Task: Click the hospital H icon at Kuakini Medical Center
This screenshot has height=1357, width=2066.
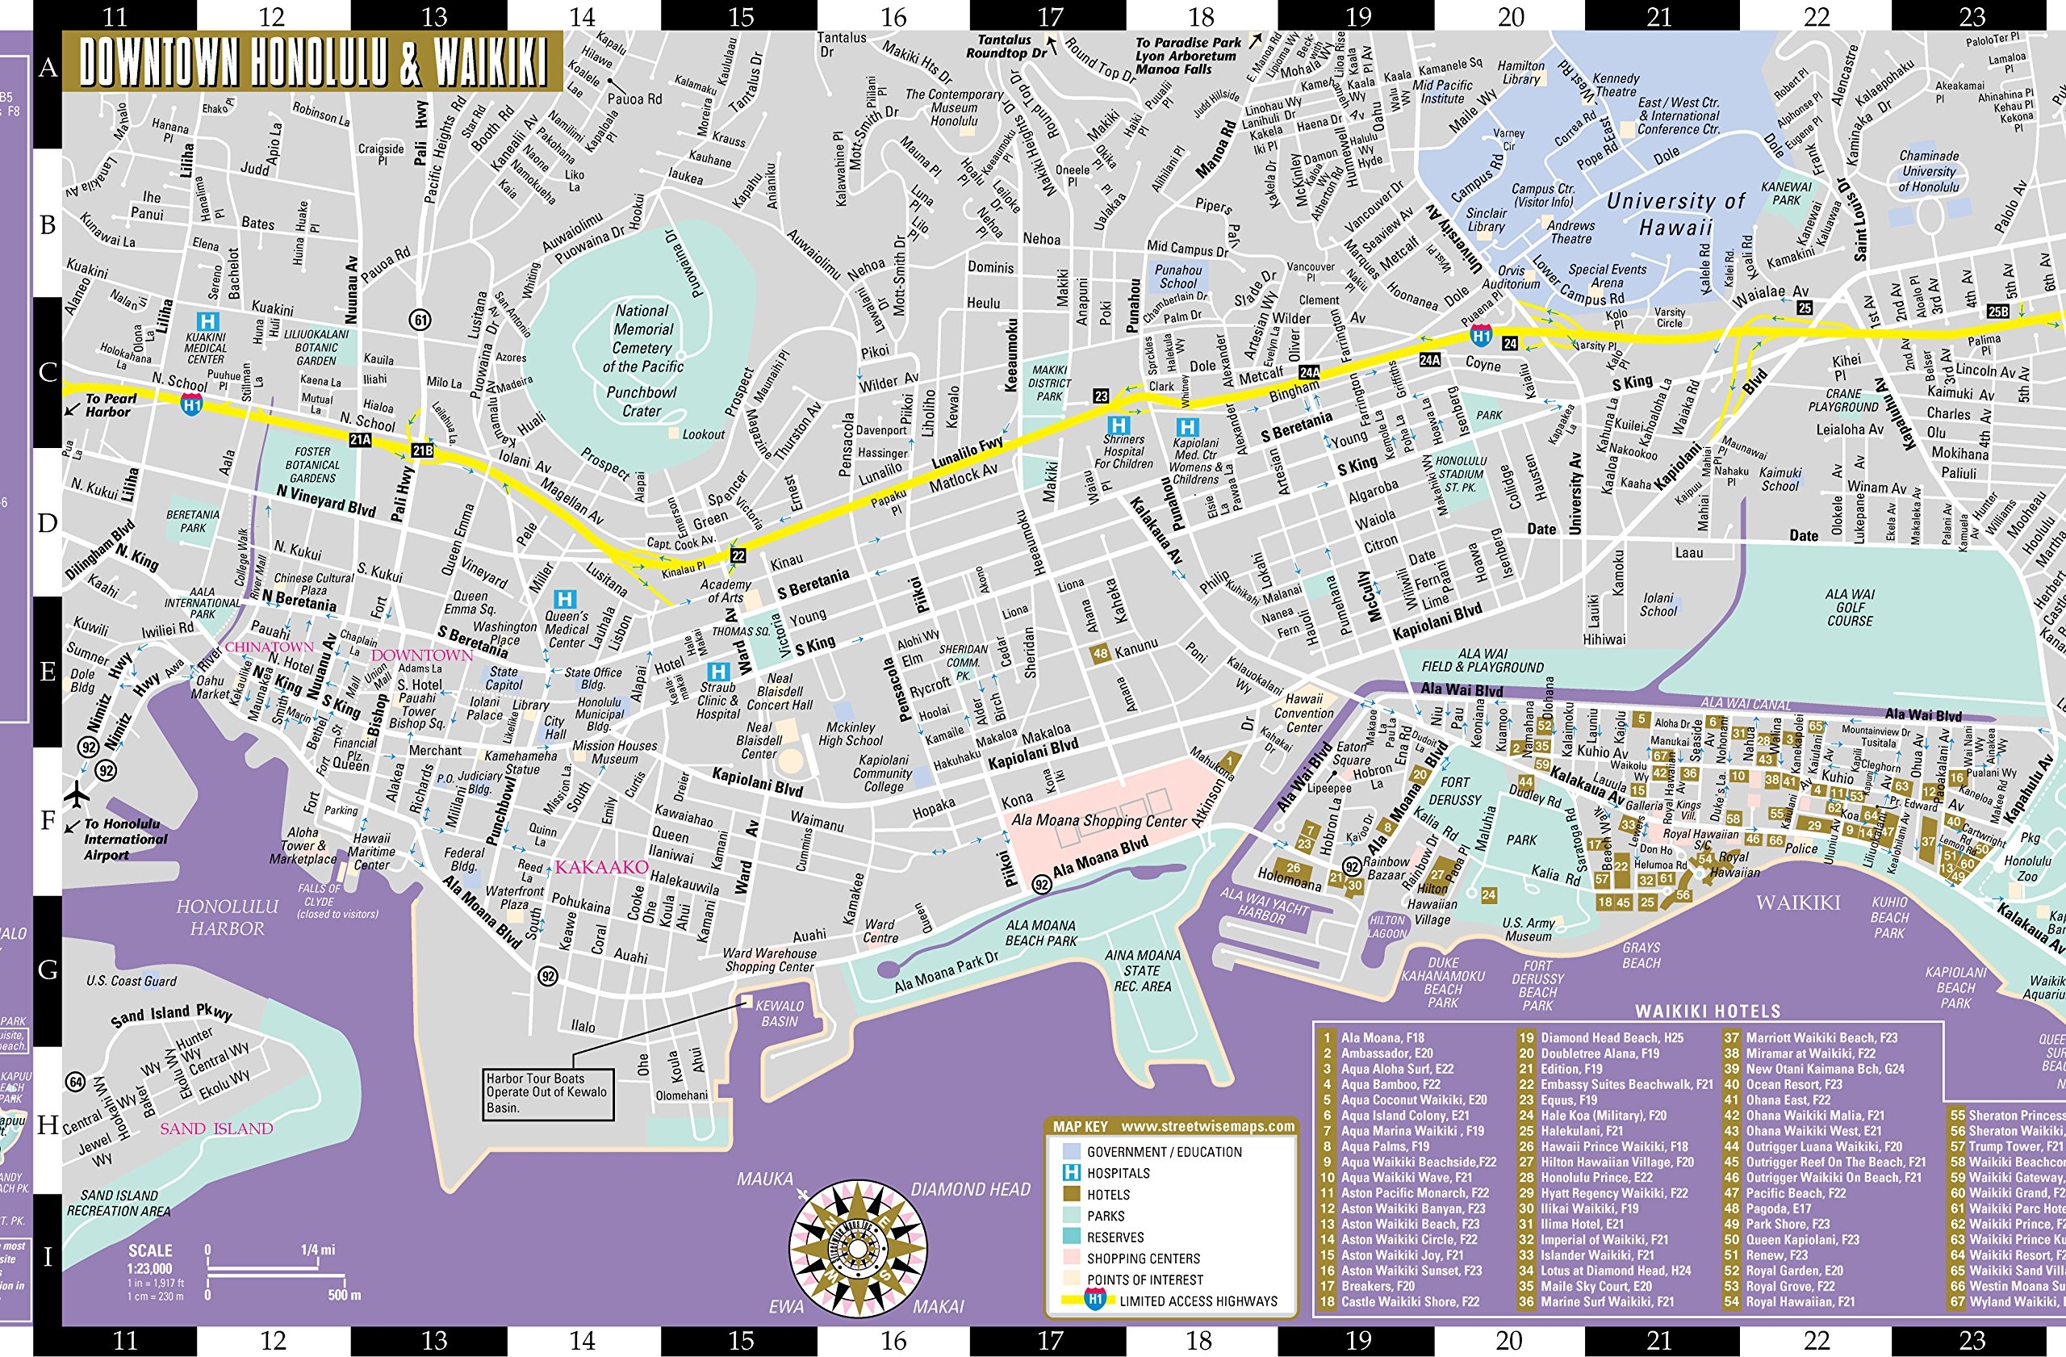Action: pyautogui.click(x=207, y=321)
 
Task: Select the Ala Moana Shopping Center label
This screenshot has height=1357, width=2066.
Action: pyautogui.click(x=1099, y=820)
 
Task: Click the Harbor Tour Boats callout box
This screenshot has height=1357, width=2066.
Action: pyautogui.click(x=547, y=1092)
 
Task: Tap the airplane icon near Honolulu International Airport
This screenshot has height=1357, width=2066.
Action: pyautogui.click(x=77, y=794)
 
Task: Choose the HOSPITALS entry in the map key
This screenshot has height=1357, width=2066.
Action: pyautogui.click(x=1118, y=1173)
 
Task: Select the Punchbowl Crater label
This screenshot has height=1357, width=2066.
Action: pyautogui.click(x=642, y=401)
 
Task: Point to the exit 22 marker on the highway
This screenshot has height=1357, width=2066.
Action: pyautogui.click(x=738, y=555)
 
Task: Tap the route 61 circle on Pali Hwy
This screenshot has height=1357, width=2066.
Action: pyautogui.click(x=420, y=320)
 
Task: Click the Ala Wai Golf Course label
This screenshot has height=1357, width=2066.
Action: pyautogui.click(x=1850, y=607)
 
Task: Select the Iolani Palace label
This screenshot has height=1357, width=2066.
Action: pyautogui.click(x=484, y=709)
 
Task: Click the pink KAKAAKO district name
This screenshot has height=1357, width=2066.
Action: pyautogui.click(x=601, y=866)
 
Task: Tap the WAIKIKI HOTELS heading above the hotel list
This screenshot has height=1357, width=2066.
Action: pyautogui.click(x=1708, y=1011)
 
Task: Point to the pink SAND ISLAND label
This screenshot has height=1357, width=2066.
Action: pyautogui.click(x=216, y=1129)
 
